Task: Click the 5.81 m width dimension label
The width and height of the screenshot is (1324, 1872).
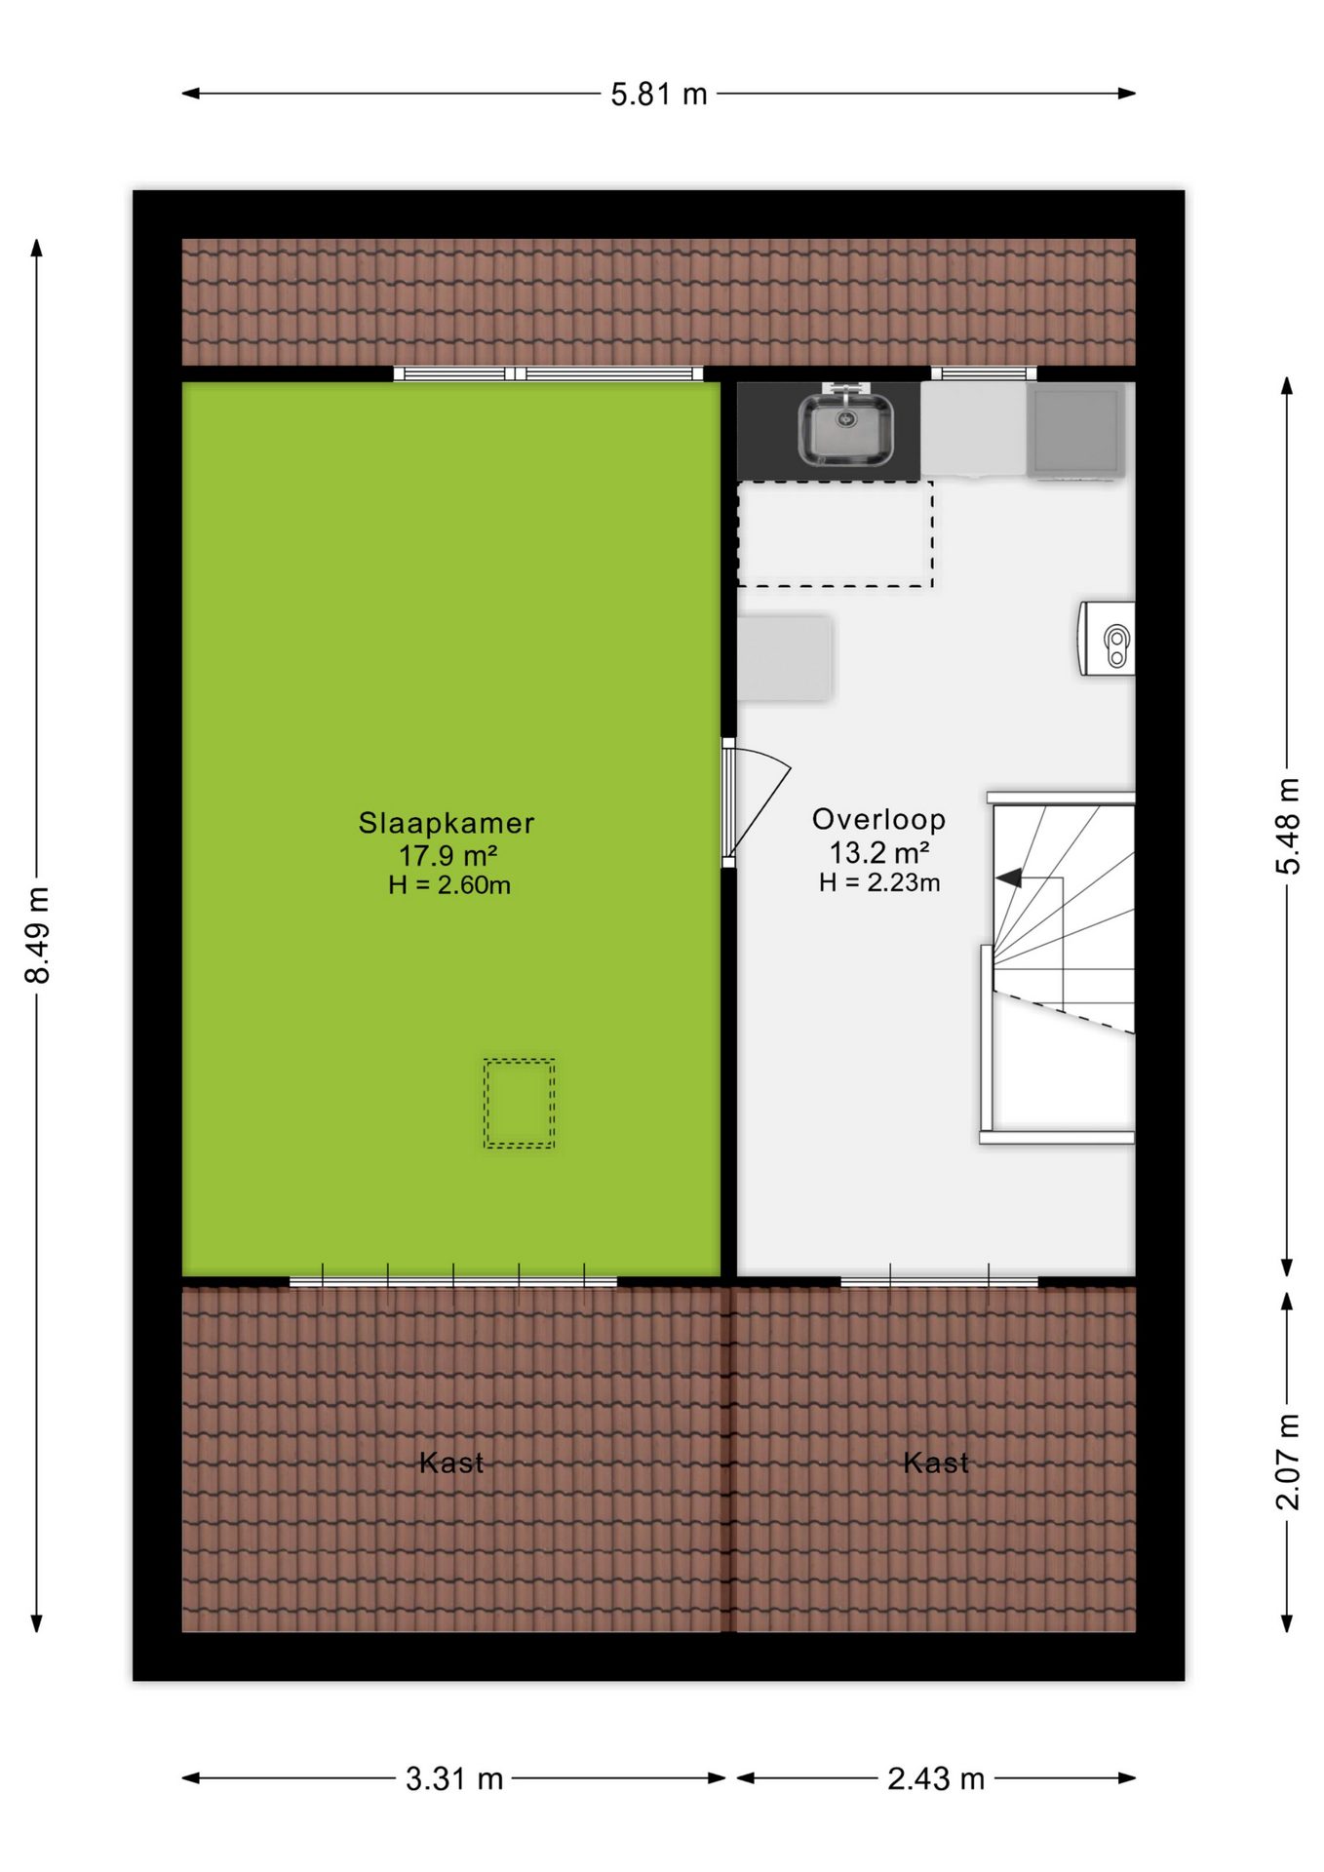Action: pyautogui.click(x=659, y=95)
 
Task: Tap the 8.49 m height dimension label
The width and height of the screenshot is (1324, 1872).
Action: pyautogui.click(x=37, y=935)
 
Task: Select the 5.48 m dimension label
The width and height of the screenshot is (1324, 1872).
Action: pyautogui.click(x=1288, y=827)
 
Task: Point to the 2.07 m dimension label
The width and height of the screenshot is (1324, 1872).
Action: pyautogui.click(x=1288, y=1462)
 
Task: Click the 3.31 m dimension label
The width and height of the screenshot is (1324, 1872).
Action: pyautogui.click(x=454, y=1779)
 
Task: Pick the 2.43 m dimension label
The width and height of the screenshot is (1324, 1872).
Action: pyautogui.click(x=936, y=1779)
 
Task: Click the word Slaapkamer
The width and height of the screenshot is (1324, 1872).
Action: pyautogui.click(x=447, y=823)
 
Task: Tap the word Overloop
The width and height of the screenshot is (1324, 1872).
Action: pyautogui.click(x=878, y=820)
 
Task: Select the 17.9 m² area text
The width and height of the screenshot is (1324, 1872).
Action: pyautogui.click(x=448, y=856)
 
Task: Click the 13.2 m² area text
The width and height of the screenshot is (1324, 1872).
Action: pyautogui.click(x=878, y=853)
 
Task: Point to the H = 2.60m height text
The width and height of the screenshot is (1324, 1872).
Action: pyautogui.click(x=448, y=885)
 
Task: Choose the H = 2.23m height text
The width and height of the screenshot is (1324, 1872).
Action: pyautogui.click(x=879, y=882)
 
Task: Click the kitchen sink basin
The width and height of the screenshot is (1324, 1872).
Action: pyautogui.click(x=845, y=429)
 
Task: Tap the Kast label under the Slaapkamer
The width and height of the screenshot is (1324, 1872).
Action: pyautogui.click(x=451, y=1462)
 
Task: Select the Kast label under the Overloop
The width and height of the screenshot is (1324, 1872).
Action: pyautogui.click(x=936, y=1462)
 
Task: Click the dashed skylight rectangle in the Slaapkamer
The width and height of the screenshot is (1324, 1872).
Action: pyautogui.click(x=520, y=1104)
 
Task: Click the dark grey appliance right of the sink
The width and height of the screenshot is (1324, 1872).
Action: pyautogui.click(x=1075, y=430)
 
